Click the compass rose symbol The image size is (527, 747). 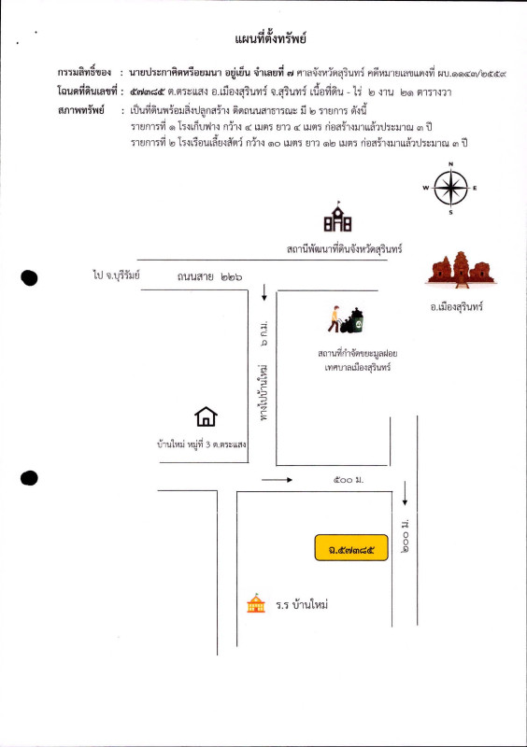tap(450, 189)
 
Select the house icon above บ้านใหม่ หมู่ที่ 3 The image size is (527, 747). tap(206, 416)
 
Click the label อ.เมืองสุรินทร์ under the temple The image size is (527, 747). tap(456, 306)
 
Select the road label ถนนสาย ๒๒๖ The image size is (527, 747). tap(203, 277)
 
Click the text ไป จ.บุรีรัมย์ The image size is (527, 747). tap(116, 276)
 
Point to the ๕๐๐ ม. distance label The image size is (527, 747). tap(346, 480)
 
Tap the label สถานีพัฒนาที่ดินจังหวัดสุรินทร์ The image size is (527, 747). tap(344, 248)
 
